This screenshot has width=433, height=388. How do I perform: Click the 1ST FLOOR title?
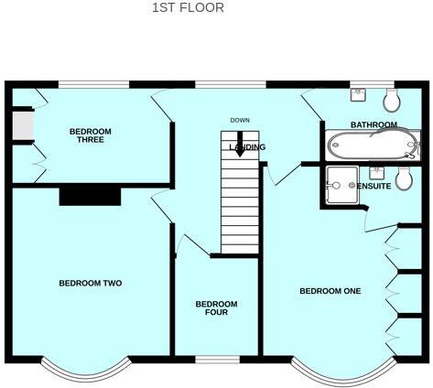(x=187, y=8)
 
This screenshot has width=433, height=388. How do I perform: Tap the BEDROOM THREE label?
(x=90, y=136)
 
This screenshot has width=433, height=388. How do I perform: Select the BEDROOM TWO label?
(x=90, y=284)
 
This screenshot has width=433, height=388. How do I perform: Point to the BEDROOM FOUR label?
(x=216, y=308)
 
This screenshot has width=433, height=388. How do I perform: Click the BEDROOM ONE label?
(x=330, y=292)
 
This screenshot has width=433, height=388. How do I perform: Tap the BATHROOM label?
(x=373, y=124)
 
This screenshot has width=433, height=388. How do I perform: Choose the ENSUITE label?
(x=373, y=186)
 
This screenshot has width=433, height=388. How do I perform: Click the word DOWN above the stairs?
(x=240, y=121)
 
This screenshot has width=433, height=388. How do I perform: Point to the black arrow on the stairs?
(x=239, y=147)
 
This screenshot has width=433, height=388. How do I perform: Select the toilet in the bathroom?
(x=391, y=98)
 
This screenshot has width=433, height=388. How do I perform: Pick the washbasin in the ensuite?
(x=376, y=171)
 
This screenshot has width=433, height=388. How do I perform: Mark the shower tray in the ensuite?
(x=341, y=183)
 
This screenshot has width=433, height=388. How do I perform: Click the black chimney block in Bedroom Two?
(x=90, y=196)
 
